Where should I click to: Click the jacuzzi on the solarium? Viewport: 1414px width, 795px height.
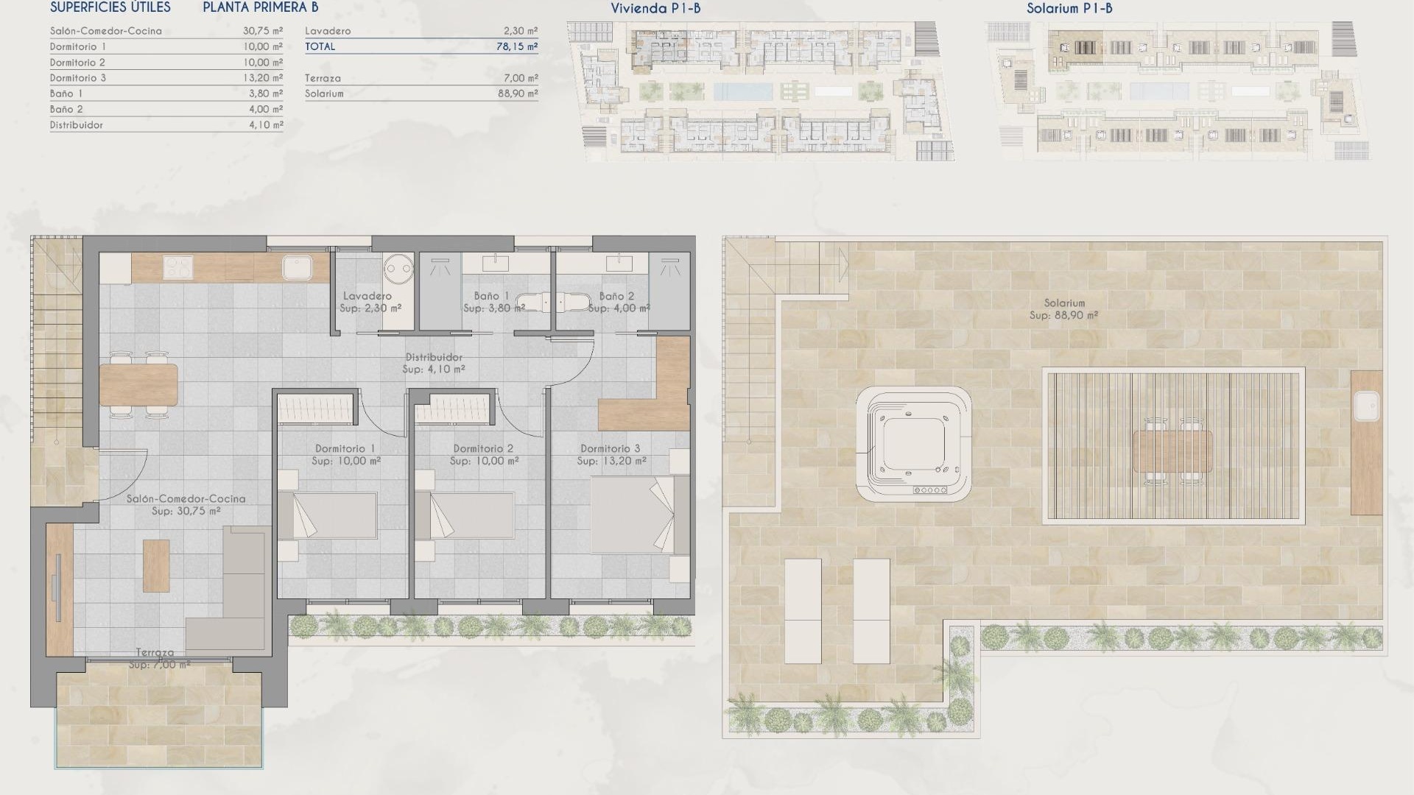(x=913, y=444)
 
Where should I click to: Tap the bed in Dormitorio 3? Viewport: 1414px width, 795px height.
(x=632, y=515)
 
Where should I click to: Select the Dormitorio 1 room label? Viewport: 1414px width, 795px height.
(x=345, y=448)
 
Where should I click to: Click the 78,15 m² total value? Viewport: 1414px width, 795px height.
(x=517, y=46)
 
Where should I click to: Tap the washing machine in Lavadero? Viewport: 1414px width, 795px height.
(x=398, y=267)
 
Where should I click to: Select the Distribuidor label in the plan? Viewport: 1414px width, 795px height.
(x=434, y=358)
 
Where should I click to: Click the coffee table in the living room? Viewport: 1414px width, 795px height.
(x=156, y=565)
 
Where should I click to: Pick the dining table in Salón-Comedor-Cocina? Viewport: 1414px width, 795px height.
(x=138, y=384)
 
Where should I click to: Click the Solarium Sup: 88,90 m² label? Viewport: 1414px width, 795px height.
(x=1063, y=309)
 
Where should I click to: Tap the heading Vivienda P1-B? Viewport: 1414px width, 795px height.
(x=655, y=9)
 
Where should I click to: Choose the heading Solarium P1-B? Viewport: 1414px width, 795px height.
(x=1069, y=9)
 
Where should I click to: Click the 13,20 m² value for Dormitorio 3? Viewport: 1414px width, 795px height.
(x=263, y=78)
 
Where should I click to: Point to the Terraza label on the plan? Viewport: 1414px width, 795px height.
(x=155, y=653)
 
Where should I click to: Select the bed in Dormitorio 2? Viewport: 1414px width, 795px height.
(x=471, y=515)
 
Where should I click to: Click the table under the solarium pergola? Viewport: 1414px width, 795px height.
(x=1172, y=451)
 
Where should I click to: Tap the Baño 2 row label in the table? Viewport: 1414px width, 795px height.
(x=66, y=109)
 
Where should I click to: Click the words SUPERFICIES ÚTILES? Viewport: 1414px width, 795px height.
(x=110, y=8)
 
